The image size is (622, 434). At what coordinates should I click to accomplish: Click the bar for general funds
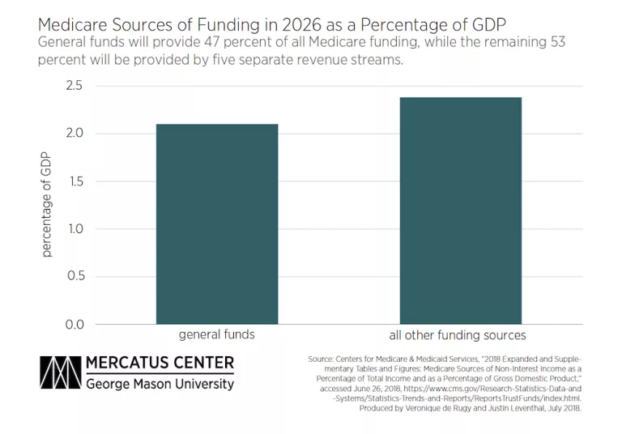click(217, 224)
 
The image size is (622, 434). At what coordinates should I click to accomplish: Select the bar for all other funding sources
click(460, 211)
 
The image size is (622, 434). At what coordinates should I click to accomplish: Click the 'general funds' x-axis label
click(217, 335)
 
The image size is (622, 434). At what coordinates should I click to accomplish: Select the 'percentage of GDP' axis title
click(46, 205)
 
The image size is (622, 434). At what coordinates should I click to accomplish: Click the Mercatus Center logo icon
click(58, 372)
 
